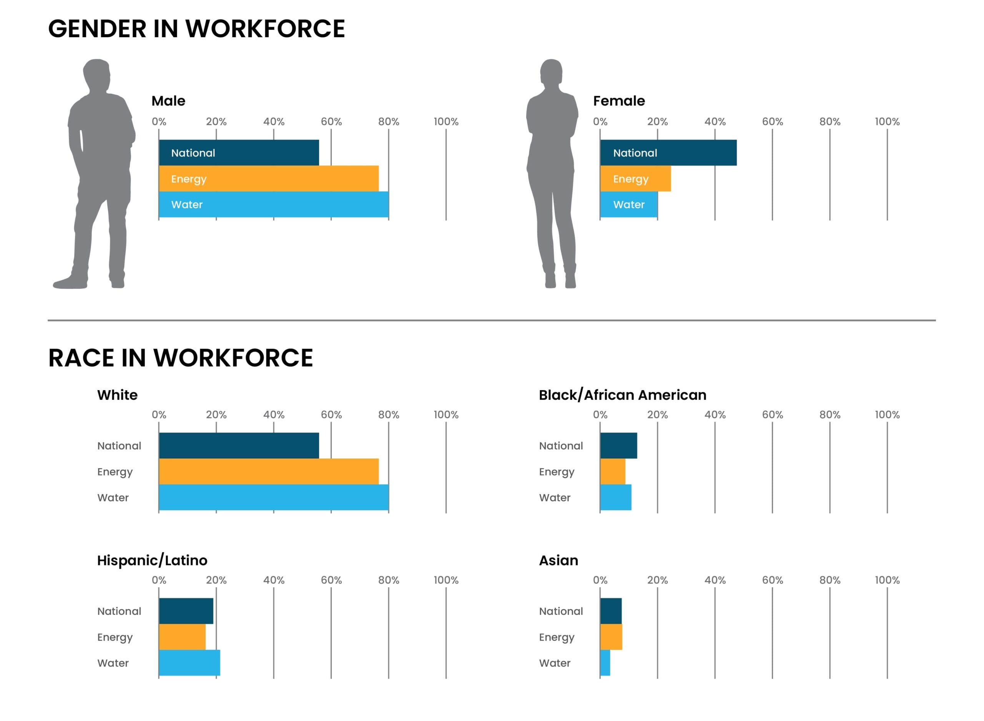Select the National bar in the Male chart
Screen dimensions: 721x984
[239, 153]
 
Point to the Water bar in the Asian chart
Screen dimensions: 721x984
[605, 663]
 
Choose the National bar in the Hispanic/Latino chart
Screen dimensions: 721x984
[186, 611]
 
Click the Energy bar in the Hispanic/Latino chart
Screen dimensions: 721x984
[182, 637]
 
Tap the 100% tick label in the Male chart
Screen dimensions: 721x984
[446, 122]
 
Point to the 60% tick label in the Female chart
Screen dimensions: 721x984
[772, 122]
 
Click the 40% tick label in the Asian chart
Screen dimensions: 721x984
[715, 580]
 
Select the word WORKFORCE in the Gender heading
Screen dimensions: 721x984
[265, 29]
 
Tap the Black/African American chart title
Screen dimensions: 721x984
[622, 395]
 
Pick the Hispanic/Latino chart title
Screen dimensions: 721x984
[152, 560]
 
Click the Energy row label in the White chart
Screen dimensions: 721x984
[115, 472]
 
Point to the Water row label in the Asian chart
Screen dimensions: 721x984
[555, 663]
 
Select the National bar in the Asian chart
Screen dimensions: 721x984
[610, 611]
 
